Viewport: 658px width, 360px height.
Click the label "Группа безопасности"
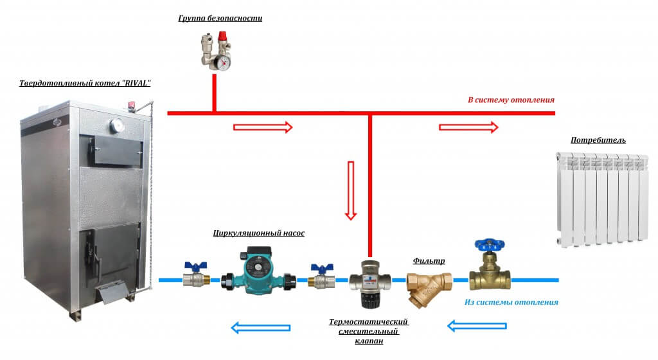coord(220,18)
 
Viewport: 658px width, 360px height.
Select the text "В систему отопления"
coord(510,100)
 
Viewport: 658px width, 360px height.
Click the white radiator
coord(601,199)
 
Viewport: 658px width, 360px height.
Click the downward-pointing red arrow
coord(351,190)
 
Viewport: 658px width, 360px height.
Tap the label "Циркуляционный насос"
coord(259,233)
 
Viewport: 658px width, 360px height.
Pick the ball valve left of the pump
coord(194,278)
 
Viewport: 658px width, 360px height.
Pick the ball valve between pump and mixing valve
coord(321,278)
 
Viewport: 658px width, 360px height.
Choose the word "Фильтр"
coord(429,261)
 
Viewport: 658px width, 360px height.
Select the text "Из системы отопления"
coord(511,301)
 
